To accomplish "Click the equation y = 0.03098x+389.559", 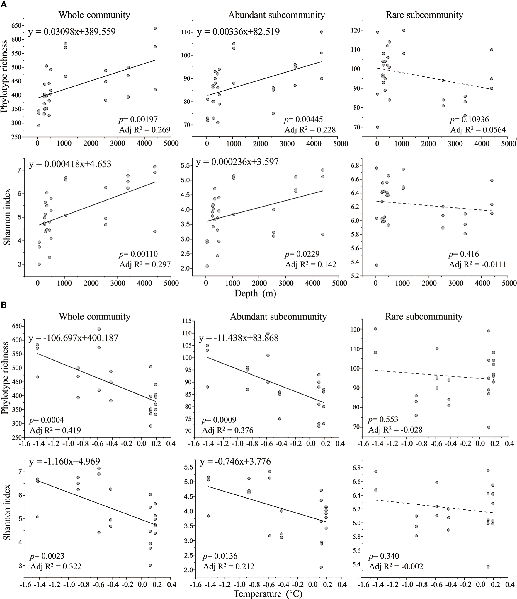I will pos(72,32).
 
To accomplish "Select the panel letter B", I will pos(4,305).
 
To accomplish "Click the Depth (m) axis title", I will pos(255,293).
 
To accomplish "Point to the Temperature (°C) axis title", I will pos(268,593).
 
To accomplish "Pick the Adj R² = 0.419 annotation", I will pos(55,430).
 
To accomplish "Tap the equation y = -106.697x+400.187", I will pos(73,338).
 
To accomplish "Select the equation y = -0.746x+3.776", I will pos(235,462).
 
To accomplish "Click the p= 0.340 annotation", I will pos(384,556).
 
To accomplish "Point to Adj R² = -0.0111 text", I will pos(477,264).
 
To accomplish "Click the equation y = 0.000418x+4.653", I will pos(70,164).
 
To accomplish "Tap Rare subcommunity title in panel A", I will pos(424,15).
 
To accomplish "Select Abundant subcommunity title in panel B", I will pos(278,317).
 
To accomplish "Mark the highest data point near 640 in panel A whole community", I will pos(155,28).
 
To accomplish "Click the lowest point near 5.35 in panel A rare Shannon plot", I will pos(377,265).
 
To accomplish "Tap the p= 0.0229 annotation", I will pos(302,254).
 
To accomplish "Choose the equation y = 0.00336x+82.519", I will pos(238,32).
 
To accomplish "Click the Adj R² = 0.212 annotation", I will pos(228,566).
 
